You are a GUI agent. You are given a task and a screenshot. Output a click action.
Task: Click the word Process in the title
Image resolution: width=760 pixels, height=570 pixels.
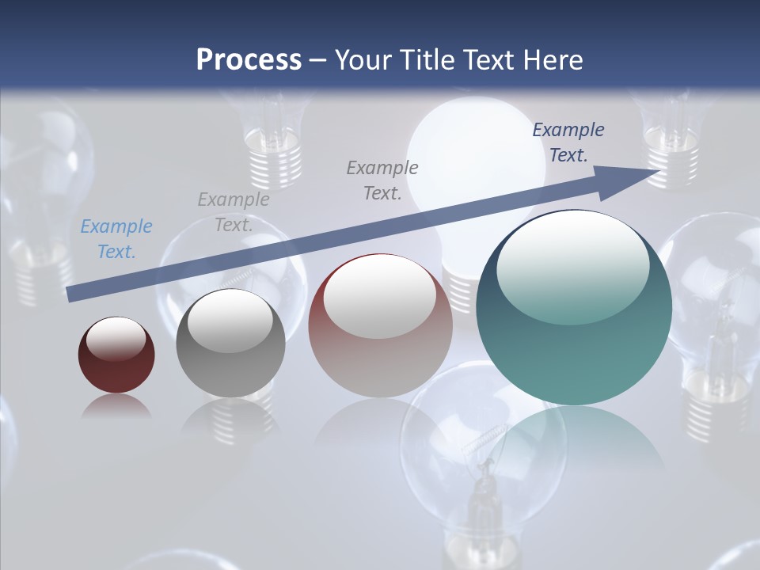249,60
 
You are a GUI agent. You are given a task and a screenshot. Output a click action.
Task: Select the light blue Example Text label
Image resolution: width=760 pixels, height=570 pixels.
116,239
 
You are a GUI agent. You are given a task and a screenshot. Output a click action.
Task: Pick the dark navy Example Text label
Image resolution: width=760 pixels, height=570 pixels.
568,142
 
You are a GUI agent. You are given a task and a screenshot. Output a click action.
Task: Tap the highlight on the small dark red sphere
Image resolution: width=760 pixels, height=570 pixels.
116,339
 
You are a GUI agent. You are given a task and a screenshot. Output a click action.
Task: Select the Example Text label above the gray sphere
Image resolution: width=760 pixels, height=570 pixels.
234,212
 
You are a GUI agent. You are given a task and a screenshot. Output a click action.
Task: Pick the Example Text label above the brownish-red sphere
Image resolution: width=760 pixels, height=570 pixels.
382,180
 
